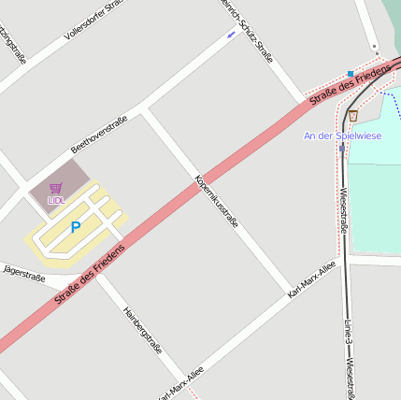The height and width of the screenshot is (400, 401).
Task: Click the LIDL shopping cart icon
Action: tap(56, 188)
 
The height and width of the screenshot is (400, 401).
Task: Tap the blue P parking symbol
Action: tap(76, 226)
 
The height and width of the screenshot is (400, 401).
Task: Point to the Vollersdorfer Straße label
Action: tap(93, 20)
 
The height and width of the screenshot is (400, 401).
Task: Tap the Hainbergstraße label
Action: tap(142, 329)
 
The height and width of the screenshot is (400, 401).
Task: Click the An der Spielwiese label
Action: tap(342, 136)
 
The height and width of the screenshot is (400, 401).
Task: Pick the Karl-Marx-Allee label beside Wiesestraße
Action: tap(311, 279)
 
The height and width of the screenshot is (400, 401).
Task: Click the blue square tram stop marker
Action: tap(351, 73)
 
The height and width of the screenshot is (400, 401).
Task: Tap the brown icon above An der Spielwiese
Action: tap(352, 116)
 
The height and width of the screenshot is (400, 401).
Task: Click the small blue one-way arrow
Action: tap(231, 35)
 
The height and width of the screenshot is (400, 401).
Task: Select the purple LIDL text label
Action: tap(56, 200)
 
